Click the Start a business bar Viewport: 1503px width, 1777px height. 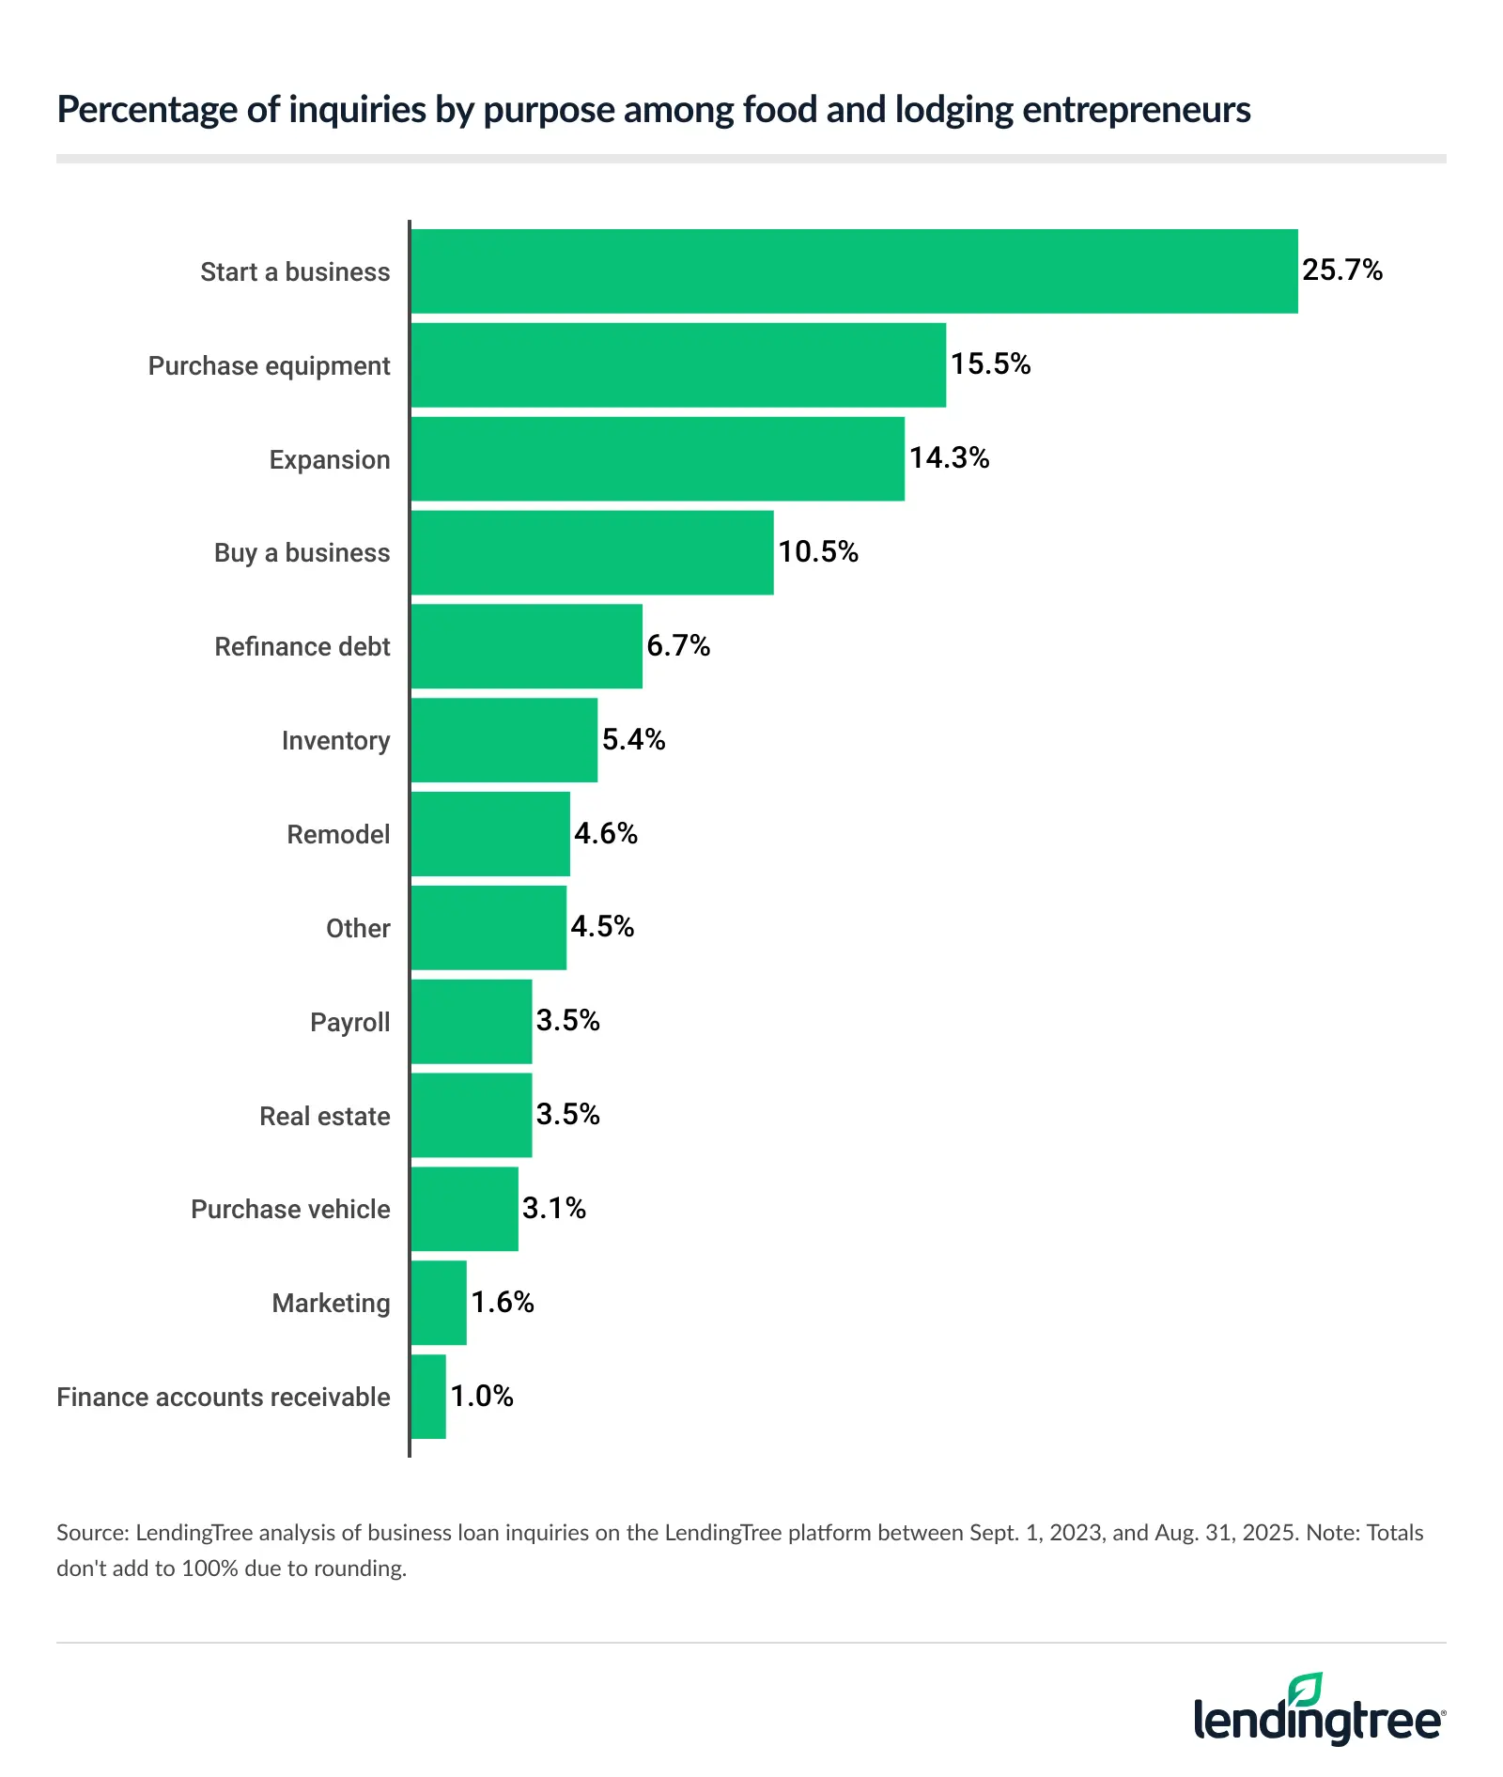coord(854,270)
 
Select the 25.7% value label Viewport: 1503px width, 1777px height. coord(1341,270)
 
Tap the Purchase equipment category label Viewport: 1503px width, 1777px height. coord(269,365)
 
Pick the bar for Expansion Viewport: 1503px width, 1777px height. coord(658,458)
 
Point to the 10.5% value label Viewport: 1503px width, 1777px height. coord(817,551)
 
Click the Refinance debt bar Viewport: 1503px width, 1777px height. coord(526,646)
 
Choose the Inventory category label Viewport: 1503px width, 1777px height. coord(335,740)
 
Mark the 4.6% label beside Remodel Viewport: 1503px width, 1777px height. coord(606,833)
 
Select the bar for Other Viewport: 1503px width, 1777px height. coord(488,927)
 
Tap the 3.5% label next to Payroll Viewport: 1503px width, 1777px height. coord(567,1020)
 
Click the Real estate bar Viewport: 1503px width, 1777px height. coord(472,1115)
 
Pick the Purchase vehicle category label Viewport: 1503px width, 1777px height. coord(290,1209)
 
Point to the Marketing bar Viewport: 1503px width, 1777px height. coord(439,1303)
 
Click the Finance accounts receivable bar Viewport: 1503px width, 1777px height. coord(428,1396)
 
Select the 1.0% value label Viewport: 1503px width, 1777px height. coord(482,1396)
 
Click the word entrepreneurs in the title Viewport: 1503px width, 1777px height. coord(1136,110)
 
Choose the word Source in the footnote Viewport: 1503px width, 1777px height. coord(91,1533)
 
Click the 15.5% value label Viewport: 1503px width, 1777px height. coord(990,364)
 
